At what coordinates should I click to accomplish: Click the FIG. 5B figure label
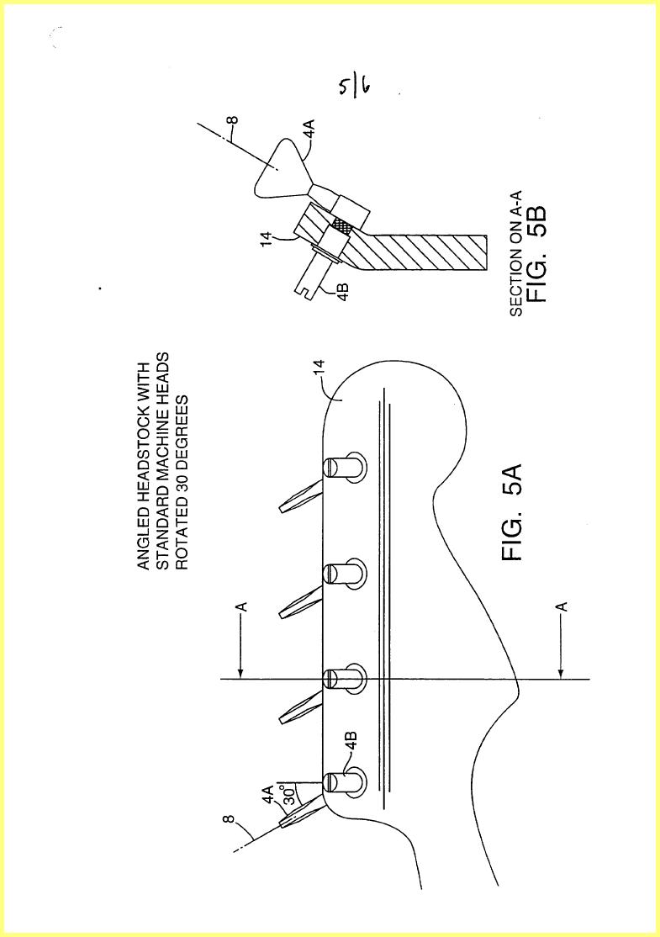536,255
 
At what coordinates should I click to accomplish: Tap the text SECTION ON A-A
515,253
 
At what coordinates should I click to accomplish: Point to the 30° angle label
289,793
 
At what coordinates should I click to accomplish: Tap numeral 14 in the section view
267,238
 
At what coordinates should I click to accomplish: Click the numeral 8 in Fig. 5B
234,119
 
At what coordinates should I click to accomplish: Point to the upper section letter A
243,606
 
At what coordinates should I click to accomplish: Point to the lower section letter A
562,606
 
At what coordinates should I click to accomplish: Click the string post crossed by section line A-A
344,679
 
